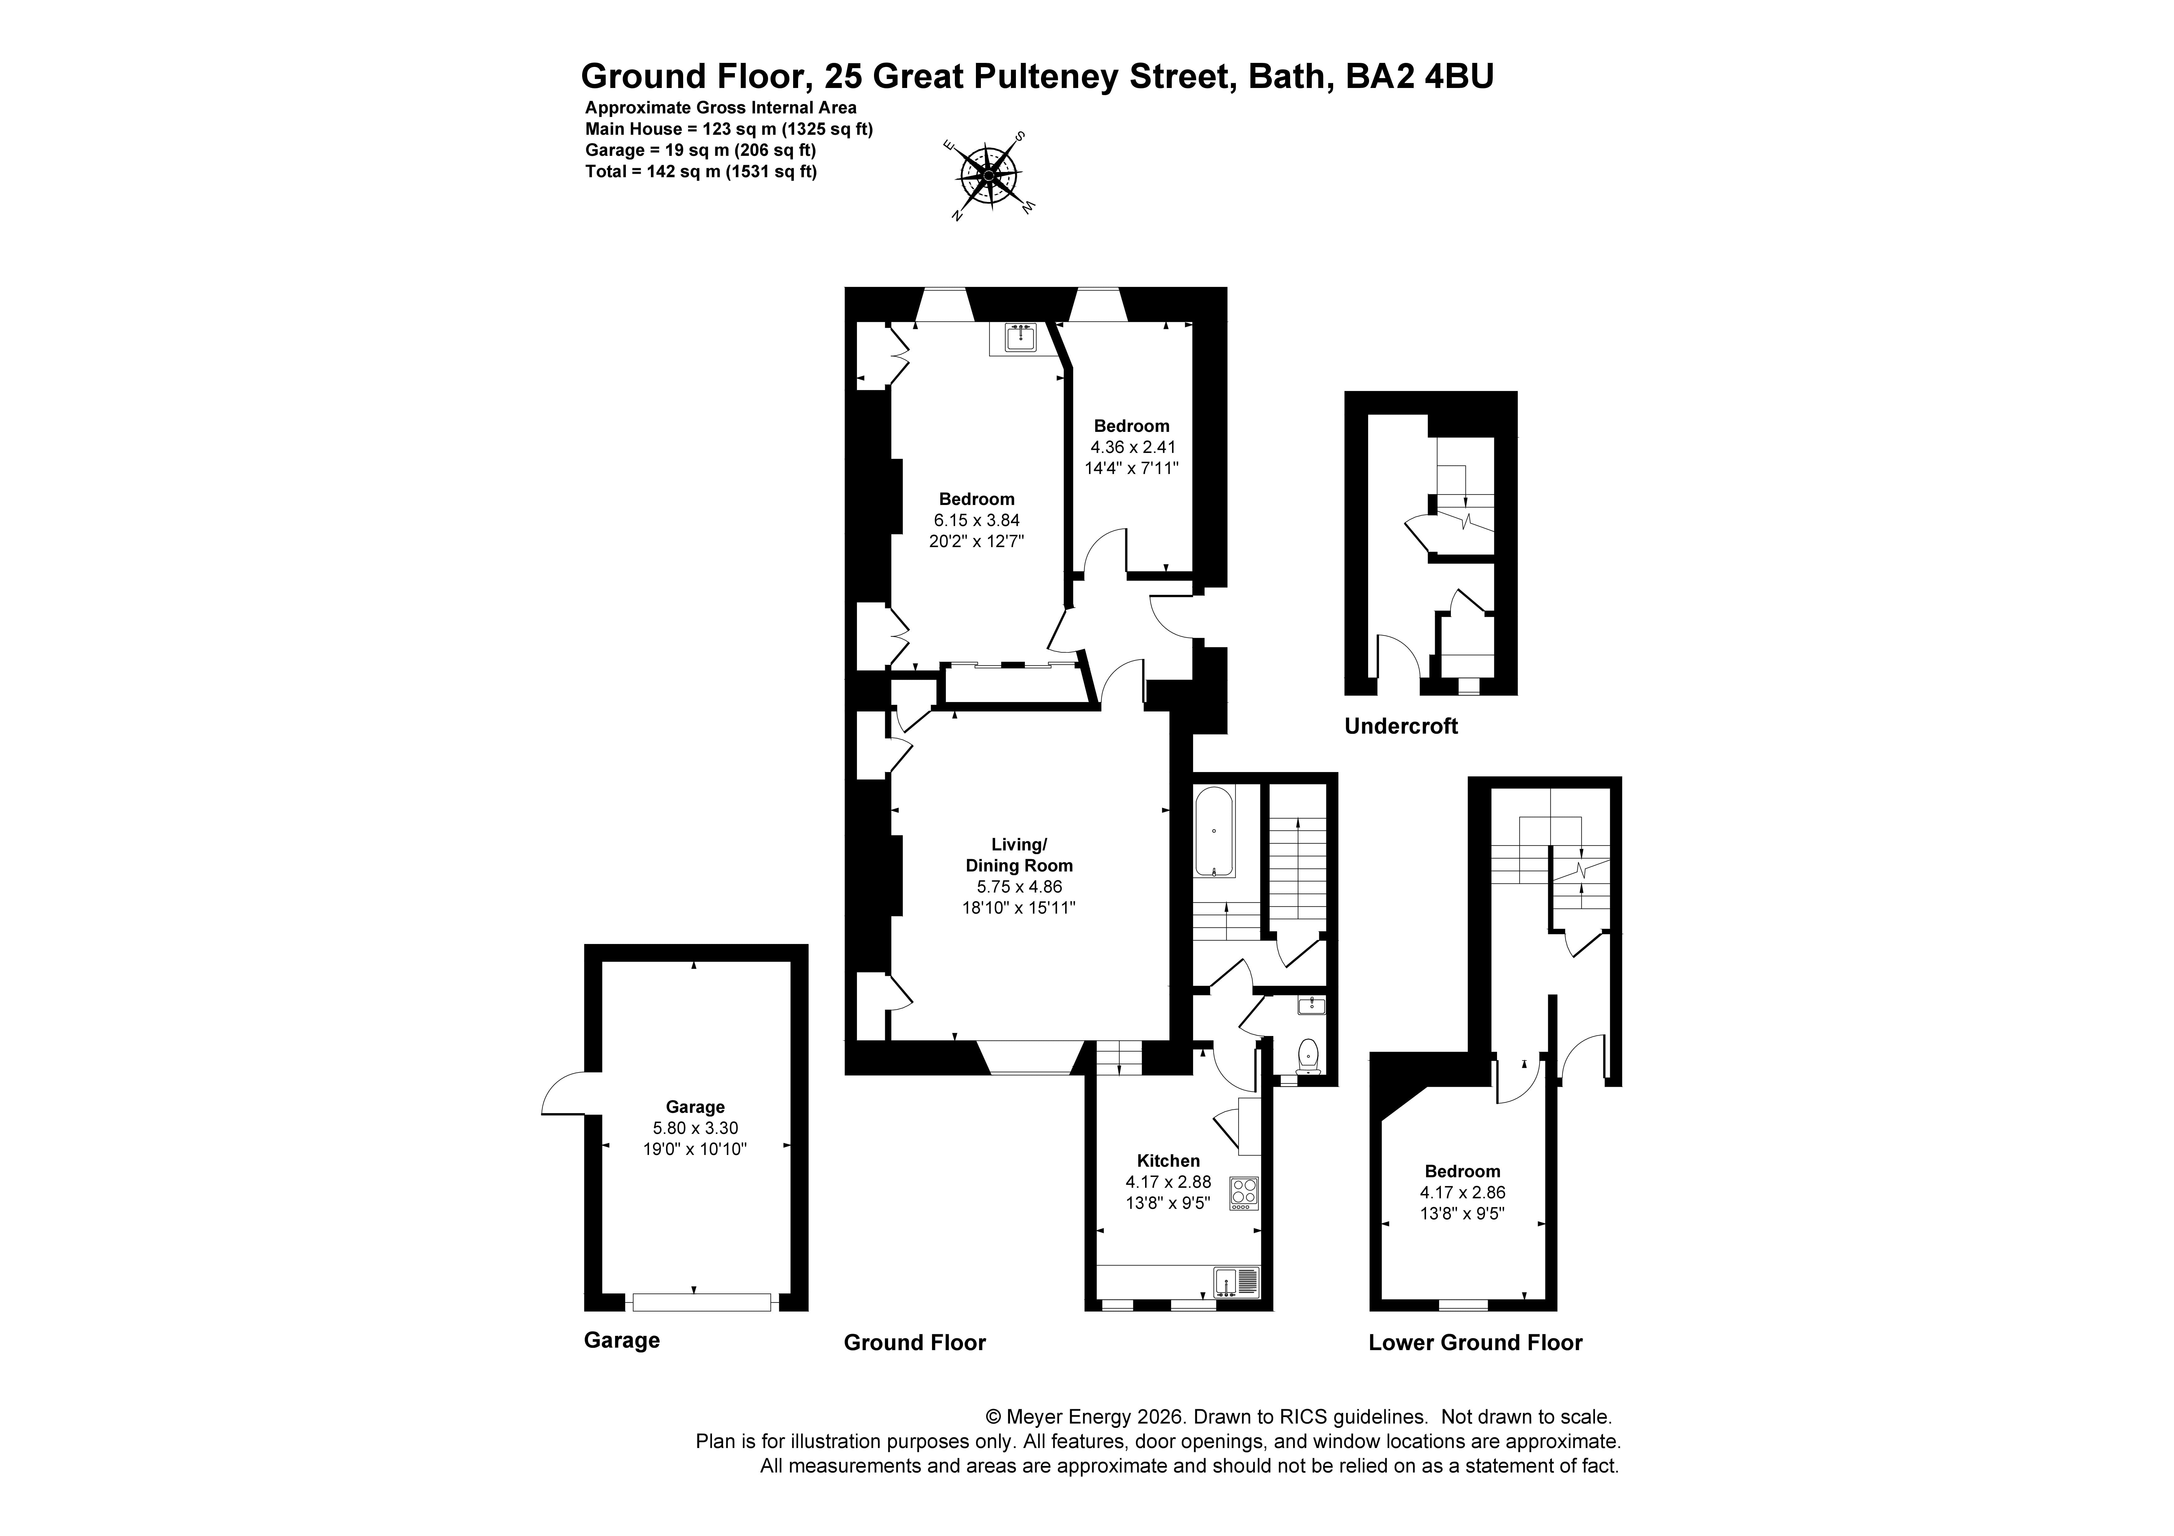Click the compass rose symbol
pos(989,175)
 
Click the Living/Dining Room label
pos(1019,854)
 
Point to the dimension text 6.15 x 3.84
pos(976,520)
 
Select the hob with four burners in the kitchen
pos(1243,1193)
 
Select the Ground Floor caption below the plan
pos(915,1343)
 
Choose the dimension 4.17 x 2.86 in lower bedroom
pos(1462,1193)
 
